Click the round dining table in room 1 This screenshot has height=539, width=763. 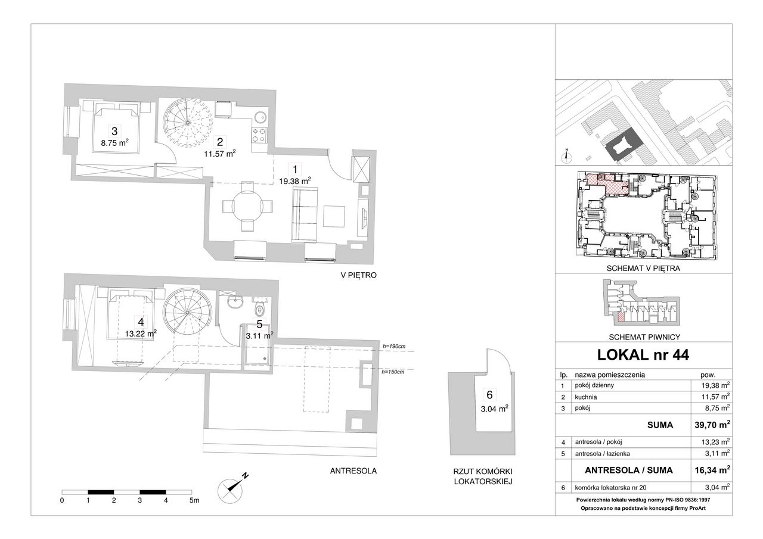point(247,206)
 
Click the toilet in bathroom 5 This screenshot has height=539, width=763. point(260,309)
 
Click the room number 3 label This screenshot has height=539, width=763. point(114,131)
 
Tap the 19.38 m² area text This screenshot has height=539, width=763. point(295,181)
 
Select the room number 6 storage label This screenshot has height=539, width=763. point(490,395)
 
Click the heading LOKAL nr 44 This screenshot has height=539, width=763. point(643,355)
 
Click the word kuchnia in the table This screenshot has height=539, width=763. point(586,397)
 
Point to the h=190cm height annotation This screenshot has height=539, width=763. point(394,347)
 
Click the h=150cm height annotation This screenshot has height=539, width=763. point(393,372)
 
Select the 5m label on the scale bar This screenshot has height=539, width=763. point(194,500)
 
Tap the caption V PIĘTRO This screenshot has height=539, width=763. point(359,275)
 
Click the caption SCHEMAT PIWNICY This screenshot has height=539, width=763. point(644,337)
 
